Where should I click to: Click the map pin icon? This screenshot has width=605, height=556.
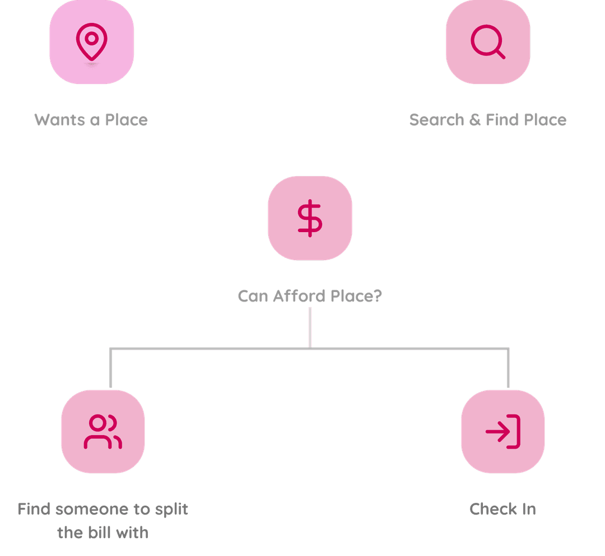pos(91,43)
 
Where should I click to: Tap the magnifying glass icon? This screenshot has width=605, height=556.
pos(488,42)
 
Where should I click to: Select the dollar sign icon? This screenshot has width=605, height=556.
pos(310,219)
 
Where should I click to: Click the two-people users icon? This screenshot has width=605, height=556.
pos(103,431)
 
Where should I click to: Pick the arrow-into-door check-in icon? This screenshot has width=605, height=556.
pos(503,431)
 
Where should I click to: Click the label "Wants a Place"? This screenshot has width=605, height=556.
pos(91,120)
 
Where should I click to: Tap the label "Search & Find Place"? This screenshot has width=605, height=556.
pos(487,120)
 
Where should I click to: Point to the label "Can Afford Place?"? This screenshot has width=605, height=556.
pos(310,295)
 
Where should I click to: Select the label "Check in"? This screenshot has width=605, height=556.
pos(502,509)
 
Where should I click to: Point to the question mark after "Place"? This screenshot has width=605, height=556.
pos(377,295)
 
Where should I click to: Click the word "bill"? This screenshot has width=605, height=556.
pos(102,532)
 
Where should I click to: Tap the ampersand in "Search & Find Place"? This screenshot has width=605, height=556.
pos(475,120)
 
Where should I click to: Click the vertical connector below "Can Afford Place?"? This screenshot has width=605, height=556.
pos(310,328)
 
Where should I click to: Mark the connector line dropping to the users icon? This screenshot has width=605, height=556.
pos(110,369)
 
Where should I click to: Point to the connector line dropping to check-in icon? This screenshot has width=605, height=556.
pos(509,369)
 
